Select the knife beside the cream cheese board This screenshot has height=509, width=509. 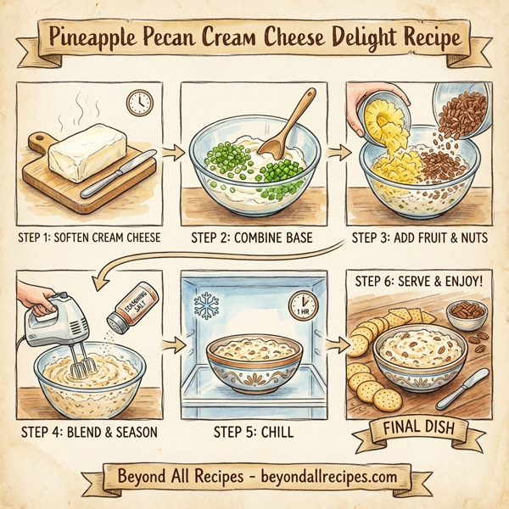pos(118,174)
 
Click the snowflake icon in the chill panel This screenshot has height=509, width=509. pos(206,306)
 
